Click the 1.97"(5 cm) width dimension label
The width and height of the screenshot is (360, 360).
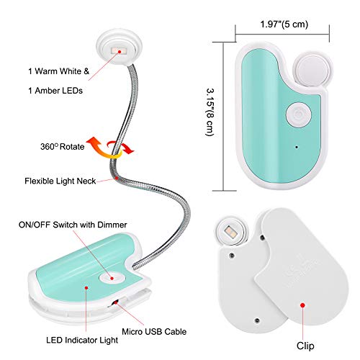pyautogui.click(x=284, y=24)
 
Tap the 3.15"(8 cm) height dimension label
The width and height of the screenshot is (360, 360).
pyautogui.click(x=210, y=112)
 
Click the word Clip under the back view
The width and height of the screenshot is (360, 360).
pyautogui.click(x=305, y=346)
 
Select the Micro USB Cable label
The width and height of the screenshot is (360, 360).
pyautogui.click(x=154, y=332)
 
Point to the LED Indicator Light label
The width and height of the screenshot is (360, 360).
pyautogui.click(x=82, y=340)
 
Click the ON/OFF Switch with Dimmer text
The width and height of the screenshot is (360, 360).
pyautogui.click(x=73, y=225)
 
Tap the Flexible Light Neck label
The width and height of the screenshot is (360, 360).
pyautogui.click(x=60, y=181)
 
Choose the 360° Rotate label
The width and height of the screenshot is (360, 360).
pyautogui.click(x=63, y=146)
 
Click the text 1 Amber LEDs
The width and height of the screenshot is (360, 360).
pyautogui.click(x=55, y=91)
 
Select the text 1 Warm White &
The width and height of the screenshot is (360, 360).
pyautogui.click(x=58, y=71)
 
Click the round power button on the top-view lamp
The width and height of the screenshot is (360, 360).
pyautogui.click(x=299, y=114)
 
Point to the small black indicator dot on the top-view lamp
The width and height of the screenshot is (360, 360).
pyautogui.click(x=297, y=147)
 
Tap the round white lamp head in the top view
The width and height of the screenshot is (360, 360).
pyautogui.click(x=312, y=69)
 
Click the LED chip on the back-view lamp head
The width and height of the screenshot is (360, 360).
pyautogui.click(x=230, y=231)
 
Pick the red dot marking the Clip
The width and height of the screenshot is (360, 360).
pyautogui.click(x=302, y=305)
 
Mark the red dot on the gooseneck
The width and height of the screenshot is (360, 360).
pyautogui.click(x=117, y=178)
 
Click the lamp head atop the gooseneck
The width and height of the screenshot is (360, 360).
pyautogui.click(x=120, y=46)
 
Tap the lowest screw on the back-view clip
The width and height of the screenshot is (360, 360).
pyautogui.click(x=257, y=320)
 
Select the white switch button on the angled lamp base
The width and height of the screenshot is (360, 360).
pyautogui.click(x=112, y=278)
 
